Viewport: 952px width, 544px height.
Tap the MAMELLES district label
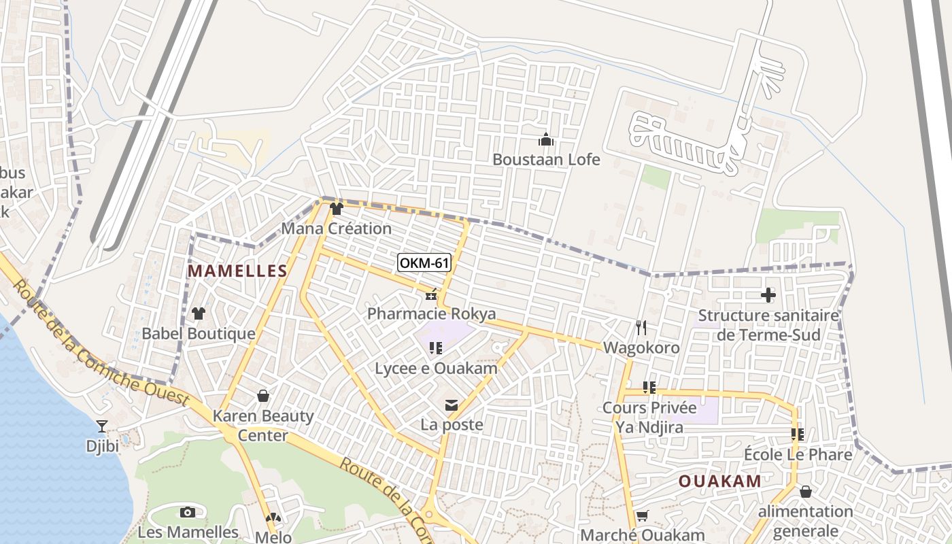pos(237,271)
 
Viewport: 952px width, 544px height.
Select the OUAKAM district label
pos(720,481)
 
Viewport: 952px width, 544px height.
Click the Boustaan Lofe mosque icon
pos(545,140)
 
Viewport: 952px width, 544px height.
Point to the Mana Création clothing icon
pos(336,209)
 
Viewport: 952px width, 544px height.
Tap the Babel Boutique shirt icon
pos(198,313)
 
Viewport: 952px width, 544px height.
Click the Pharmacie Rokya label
pos(431,313)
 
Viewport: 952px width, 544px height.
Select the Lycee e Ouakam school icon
pos(436,349)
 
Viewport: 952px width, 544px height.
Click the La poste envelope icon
pos(451,406)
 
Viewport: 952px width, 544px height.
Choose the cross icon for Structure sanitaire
pos(768,295)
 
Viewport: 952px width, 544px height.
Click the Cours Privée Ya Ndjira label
pos(649,418)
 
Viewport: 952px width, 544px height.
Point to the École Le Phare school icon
pos(797,434)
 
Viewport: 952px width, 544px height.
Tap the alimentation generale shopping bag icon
pos(805,492)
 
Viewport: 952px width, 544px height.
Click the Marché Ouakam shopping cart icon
pos(642,516)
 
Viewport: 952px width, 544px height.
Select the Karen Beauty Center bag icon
pos(263,396)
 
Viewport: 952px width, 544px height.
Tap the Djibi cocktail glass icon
pos(102,426)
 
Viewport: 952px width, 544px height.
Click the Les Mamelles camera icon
pos(188,512)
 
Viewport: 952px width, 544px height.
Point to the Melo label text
pos(273,537)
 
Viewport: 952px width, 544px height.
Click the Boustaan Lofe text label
pos(546,160)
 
